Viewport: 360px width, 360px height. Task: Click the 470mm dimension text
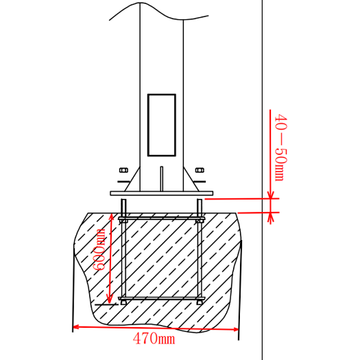[154, 338]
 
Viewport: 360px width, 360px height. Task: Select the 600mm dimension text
[101, 250]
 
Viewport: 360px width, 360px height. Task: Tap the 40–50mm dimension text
[279, 147]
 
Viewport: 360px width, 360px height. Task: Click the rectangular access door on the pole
[161, 125]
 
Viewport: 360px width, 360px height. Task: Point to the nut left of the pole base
[123, 170]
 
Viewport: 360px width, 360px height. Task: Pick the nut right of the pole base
[200, 170]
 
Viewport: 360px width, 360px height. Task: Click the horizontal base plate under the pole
[162, 193]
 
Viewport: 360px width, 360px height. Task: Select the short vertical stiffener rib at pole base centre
[161, 177]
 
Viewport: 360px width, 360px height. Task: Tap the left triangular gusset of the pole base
[133, 182]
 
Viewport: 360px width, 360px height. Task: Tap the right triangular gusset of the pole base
[190, 182]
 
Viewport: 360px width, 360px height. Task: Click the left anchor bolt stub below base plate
[123, 207]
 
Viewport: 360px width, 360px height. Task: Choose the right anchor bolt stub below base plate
[200, 207]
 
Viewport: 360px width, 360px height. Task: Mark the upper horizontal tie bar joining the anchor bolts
[162, 219]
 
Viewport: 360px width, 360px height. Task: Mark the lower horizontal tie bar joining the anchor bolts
[162, 299]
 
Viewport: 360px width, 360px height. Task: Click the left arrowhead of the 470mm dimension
[76, 326]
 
